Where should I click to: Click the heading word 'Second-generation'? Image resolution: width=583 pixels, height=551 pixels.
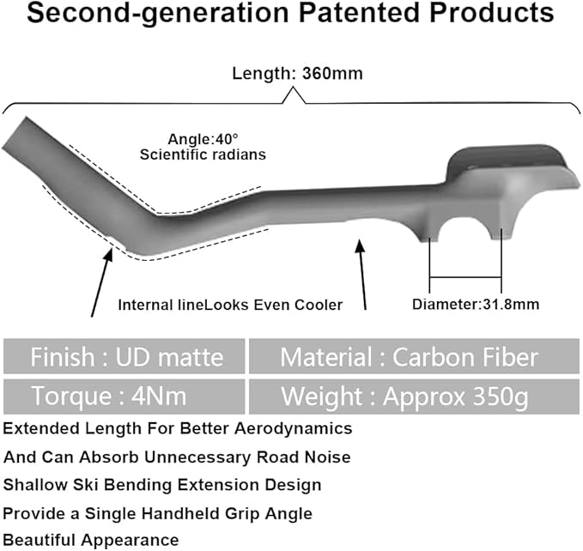point(158,14)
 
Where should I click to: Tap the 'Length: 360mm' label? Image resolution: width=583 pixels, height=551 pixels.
point(297,73)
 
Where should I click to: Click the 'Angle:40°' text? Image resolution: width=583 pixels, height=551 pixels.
point(203,139)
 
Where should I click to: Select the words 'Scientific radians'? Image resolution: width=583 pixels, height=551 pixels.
point(203,154)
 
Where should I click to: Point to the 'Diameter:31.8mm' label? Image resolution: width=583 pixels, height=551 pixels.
point(476,305)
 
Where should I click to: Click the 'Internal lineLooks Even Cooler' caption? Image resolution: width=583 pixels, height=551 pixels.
point(230,305)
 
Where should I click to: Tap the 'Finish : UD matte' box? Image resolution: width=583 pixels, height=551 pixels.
point(124,356)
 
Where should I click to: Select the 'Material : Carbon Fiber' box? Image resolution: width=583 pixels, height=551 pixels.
point(414,356)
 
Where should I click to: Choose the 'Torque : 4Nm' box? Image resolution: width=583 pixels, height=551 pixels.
point(124,397)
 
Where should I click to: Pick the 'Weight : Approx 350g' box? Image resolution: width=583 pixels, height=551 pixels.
point(414,397)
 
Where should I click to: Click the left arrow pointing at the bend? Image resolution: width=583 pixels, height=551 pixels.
point(102,283)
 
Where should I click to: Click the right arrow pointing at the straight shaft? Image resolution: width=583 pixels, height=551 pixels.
point(361,275)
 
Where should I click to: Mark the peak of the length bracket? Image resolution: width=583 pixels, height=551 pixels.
point(294,88)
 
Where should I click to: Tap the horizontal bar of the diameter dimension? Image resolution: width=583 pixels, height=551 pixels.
point(465,277)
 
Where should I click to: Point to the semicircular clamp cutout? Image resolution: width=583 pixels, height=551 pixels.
point(465,222)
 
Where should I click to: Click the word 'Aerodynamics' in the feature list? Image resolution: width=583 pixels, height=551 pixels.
point(294,429)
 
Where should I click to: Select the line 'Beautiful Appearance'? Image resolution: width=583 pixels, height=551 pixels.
point(91,540)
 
